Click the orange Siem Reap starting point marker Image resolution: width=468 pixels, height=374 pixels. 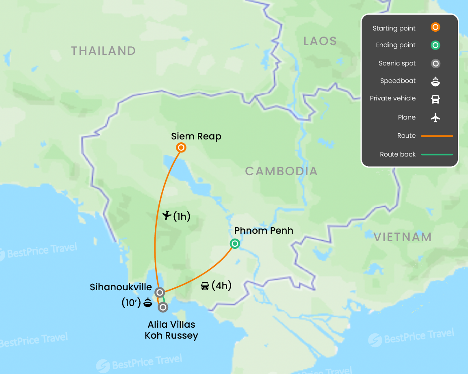tap(181, 148)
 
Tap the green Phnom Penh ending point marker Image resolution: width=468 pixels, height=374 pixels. tap(235, 244)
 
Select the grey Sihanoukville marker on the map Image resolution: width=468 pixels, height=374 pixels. tap(160, 292)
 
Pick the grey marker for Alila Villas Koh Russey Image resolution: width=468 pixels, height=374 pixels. tap(163, 307)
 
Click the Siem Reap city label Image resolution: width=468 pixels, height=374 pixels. tap(196, 136)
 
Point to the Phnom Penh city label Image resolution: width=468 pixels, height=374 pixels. tap(264, 231)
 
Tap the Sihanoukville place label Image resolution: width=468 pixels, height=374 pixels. tap(121, 287)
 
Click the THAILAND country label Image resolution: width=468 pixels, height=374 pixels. tap(103, 51)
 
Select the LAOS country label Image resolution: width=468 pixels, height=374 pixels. tap(320, 41)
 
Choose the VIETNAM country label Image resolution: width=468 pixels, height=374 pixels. tap(403, 237)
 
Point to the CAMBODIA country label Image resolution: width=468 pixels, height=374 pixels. tap(281, 171)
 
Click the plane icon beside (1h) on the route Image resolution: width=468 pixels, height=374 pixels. tap(167, 215)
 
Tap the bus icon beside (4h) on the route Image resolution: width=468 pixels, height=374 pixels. tap(205, 286)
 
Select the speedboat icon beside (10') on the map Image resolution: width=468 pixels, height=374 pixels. tap(147, 302)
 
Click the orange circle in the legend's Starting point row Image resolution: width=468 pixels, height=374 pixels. tap(435, 28)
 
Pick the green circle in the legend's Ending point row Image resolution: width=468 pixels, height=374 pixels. tap(435, 45)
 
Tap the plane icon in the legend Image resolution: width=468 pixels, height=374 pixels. tap(435, 117)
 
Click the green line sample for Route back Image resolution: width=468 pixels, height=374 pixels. tap(437, 154)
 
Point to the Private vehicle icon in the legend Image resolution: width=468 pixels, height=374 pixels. tap(435, 99)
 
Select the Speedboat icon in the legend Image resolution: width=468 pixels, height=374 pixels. tap(435, 81)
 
